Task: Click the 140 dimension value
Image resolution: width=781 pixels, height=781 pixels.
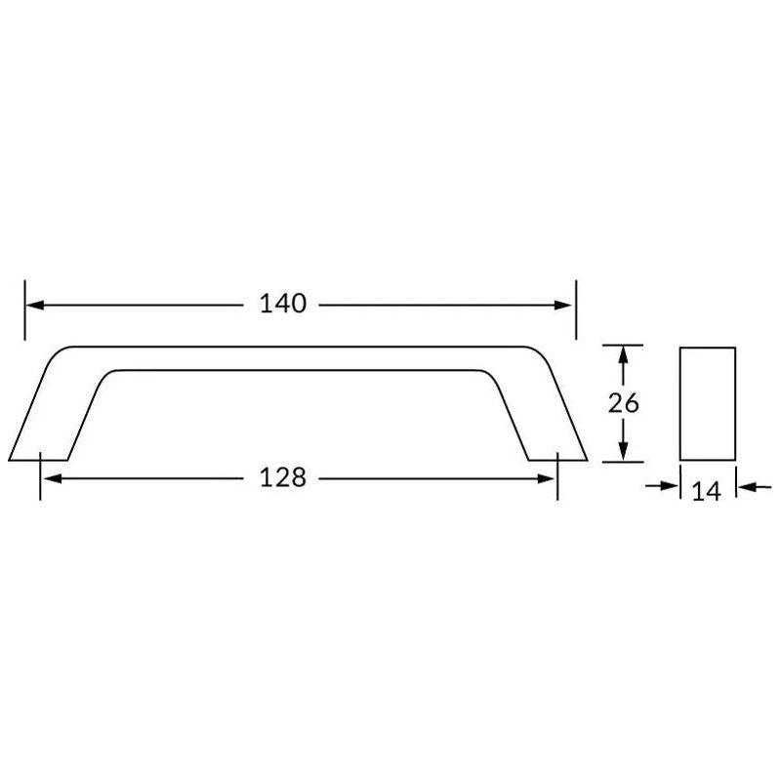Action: pyautogui.click(x=283, y=304)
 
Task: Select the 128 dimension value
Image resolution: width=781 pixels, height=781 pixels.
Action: pyautogui.click(x=283, y=477)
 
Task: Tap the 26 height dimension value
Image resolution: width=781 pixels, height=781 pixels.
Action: pyautogui.click(x=623, y=403)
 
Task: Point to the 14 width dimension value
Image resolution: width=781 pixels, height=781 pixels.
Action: pyautogui.click(x=707, y=492)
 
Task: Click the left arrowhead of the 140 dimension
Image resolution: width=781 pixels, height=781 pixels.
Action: pyautogui.click(x=35, y=306)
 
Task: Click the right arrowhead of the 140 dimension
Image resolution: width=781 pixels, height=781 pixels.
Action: pyautogui.click(x=563, y=306)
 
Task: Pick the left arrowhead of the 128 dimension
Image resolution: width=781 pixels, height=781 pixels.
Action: pyautogui.click(x=53, y=478)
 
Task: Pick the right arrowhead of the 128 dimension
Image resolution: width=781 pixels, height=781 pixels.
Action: pyautogui.click(x=546, y=478)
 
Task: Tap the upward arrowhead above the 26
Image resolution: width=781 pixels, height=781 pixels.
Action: pyautogui.click(x=623, y=355)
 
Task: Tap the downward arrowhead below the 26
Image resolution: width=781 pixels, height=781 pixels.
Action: pyautogui.click(x=623, y=451)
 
